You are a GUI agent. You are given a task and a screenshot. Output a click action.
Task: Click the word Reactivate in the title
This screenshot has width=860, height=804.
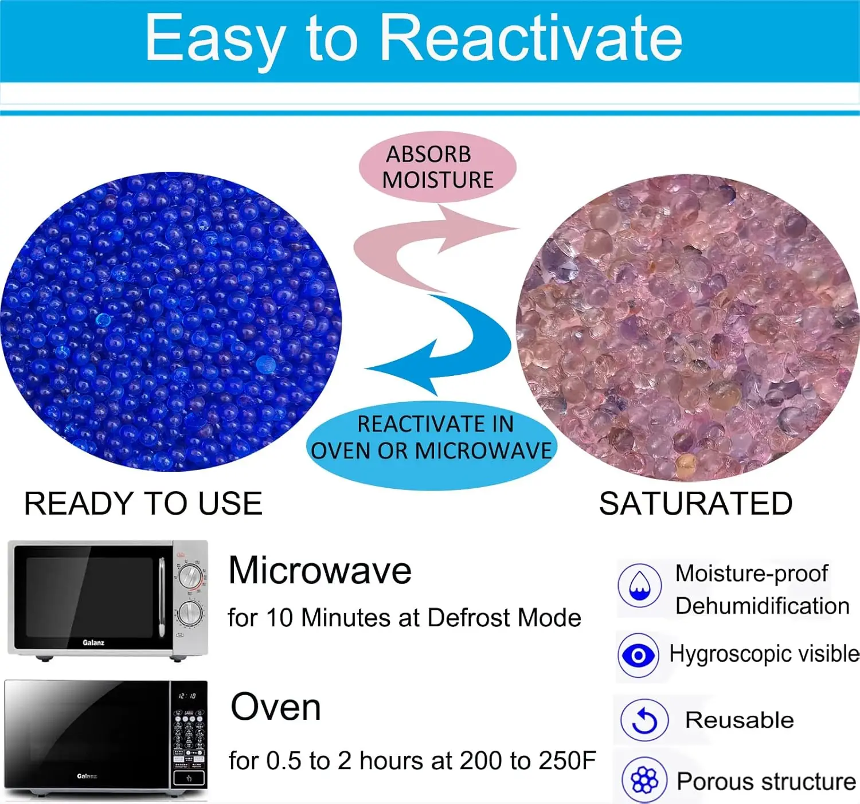(x=530, y=38)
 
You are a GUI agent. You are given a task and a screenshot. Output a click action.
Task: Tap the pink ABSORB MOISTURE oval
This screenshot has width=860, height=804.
(x=437, y=167)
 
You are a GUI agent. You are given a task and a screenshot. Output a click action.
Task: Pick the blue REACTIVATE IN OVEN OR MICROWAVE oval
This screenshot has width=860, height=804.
(x=431, y=445)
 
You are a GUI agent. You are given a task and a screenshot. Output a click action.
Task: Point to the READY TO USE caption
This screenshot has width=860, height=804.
(x=143, y=504)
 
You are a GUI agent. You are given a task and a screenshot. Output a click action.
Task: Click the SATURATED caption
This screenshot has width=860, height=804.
(x=696, y=504)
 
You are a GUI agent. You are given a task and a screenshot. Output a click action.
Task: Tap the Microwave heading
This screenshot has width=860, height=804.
(x=319, y=571)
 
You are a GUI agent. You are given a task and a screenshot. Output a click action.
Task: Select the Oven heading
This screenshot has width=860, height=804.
(x=276, y=707)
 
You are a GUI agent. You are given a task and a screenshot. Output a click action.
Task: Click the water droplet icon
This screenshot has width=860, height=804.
(x=640, y=586)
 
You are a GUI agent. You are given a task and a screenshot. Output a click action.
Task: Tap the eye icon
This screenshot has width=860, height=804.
(x=638, y=656)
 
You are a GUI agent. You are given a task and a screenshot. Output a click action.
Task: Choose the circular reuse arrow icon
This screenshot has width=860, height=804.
(x=644, y=720)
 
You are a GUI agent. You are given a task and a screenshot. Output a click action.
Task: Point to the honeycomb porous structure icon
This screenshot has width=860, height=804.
(x=644, y=781)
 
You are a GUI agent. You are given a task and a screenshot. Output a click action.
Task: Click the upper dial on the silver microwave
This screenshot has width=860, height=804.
(x=190, y=576)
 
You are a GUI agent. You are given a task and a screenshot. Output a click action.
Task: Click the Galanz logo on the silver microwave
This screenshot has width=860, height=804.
(x=93, y=643)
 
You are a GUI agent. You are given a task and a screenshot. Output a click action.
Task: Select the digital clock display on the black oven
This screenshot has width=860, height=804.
(x=187, y=696)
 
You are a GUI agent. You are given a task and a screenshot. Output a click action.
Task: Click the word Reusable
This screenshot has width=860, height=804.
(x=740, y=720)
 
